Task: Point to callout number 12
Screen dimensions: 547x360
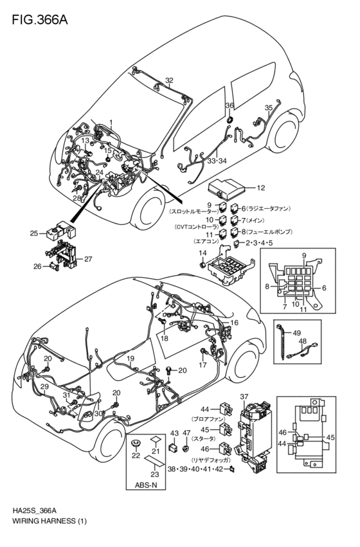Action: tap(260, 188)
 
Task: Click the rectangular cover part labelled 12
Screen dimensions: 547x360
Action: tap(228, 188)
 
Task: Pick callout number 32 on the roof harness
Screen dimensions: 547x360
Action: tap(169, 80)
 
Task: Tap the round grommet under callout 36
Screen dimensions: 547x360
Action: tap(230, 119)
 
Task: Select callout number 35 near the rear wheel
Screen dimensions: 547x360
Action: tap(269, 108)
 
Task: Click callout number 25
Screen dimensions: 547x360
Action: tap(34, 233)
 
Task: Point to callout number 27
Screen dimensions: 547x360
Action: tap(88, 259)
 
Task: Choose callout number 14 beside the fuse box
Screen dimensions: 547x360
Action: tap(202, 254)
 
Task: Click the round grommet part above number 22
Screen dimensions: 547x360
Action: tap(136, 444)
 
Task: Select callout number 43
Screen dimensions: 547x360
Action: tap(174, 434)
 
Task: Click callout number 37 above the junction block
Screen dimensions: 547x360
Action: tap(244, 396)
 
